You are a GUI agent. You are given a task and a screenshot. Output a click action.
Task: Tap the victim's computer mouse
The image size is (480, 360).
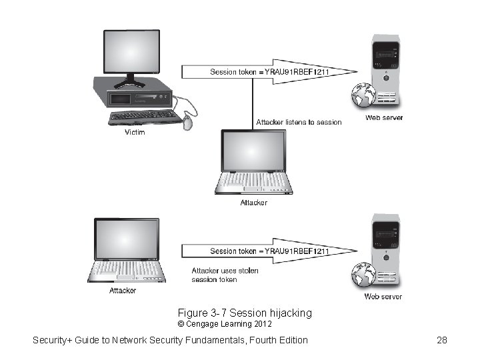coord(187,123)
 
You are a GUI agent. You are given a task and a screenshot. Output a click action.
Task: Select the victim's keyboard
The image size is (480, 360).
coord(143,117)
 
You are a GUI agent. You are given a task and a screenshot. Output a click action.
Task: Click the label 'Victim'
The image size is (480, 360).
coord(135,132)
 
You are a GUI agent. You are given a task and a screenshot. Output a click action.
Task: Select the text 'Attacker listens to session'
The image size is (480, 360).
coord(299,122)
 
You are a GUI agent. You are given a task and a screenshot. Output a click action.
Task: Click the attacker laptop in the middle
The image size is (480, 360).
coord(253,162)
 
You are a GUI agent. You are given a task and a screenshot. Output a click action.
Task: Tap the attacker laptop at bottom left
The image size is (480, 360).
coord(126,250)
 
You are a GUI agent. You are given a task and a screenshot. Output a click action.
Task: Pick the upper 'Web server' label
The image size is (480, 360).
coord(383,118)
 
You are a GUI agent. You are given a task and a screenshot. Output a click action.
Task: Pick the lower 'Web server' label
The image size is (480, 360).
coord(383,297)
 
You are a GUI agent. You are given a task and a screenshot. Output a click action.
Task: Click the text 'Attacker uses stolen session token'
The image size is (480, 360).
coord(225,275)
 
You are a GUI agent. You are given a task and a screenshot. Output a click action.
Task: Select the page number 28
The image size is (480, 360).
coord(441,340)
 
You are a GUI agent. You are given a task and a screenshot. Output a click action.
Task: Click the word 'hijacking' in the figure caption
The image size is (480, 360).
coord(291,313)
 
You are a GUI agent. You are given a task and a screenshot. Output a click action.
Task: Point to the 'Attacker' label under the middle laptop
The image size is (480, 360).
coord(253,203)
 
